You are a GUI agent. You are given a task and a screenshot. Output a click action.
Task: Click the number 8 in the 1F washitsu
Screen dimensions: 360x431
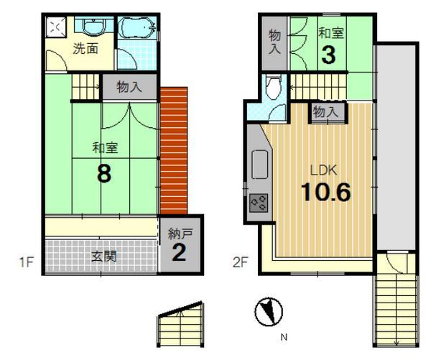[x=103, y=175]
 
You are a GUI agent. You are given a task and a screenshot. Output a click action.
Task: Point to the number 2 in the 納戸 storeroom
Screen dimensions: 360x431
[x=180, y=253]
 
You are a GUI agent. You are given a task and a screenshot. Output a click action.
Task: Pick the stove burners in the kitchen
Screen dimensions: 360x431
[x=258, y=203]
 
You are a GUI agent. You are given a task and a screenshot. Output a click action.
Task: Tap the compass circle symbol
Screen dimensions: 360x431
[x=269, y=312]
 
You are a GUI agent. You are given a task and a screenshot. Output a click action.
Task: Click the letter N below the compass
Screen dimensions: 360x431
[x=284, y=336]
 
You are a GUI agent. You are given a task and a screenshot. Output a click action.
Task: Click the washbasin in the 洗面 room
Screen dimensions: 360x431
[x=90, y=27]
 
